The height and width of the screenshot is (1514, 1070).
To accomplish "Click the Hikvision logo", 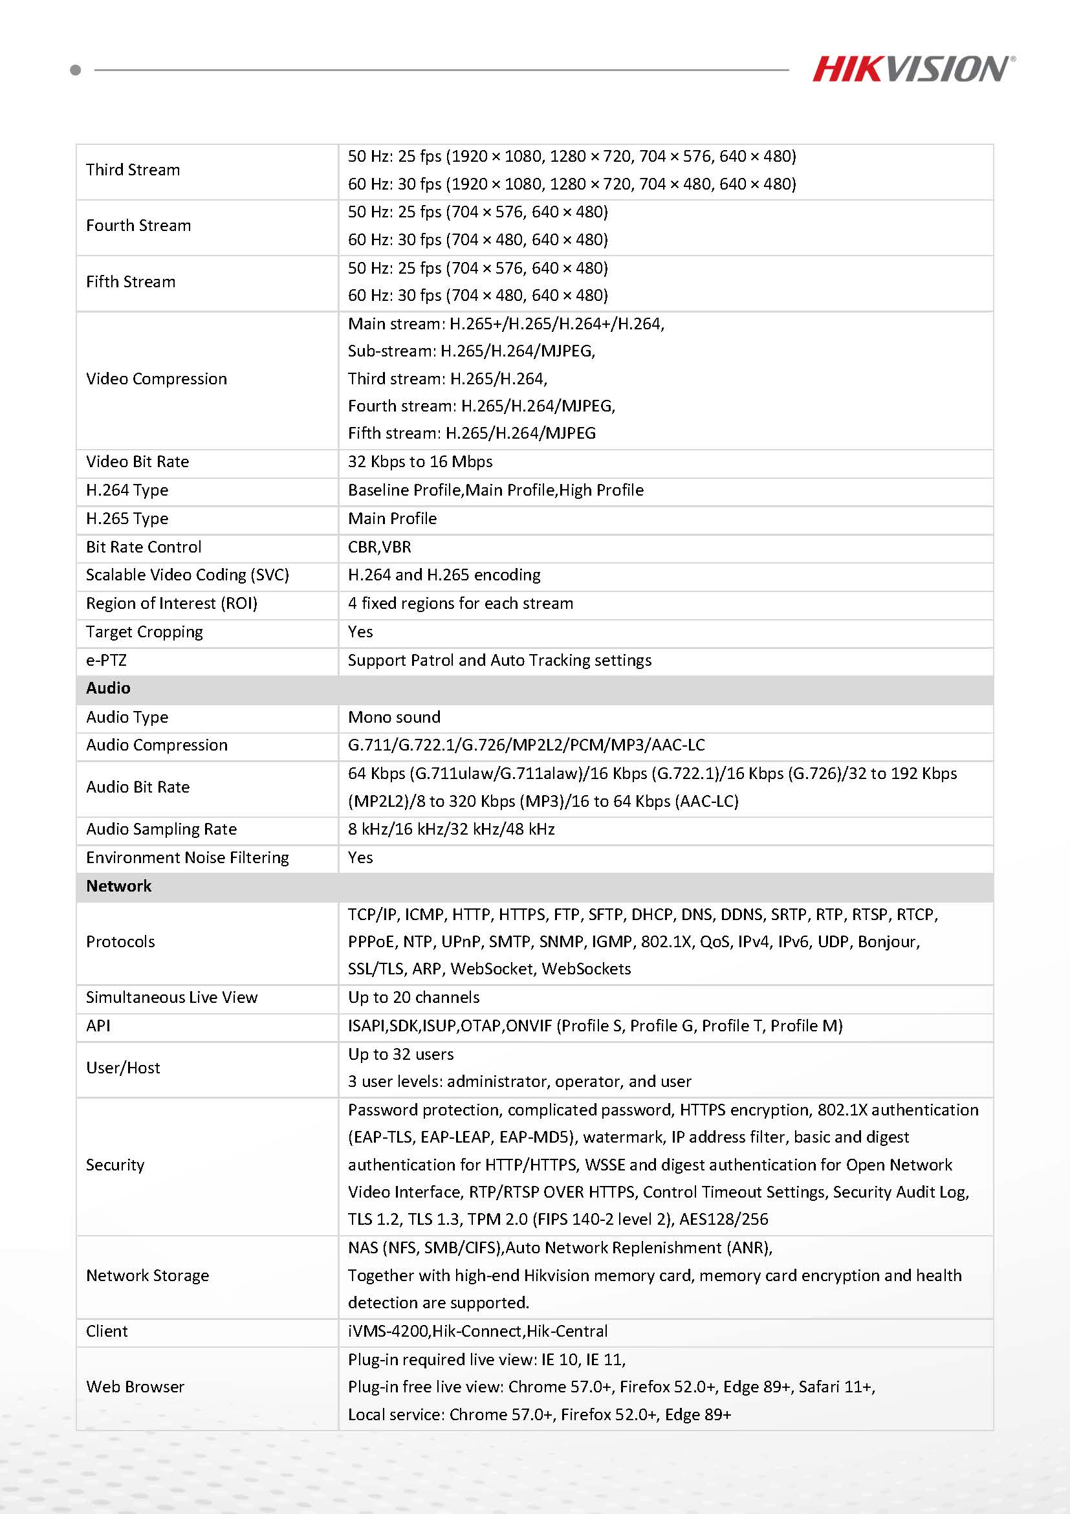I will (x=912, y=69).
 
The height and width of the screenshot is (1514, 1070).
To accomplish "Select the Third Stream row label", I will (x=133, y=170).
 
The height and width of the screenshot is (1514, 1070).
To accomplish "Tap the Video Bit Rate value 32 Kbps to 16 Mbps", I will (x=420, y=461).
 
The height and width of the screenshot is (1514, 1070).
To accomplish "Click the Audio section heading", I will (x=108, y=688).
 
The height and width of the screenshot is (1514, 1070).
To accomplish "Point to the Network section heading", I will (x=118, y=886).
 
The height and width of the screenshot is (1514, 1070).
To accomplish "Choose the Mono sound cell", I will (x=393, y=718).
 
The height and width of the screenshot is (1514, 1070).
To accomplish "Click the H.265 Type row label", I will (x=127, y=519).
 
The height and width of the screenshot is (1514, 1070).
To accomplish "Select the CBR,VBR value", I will (x=379, y=547).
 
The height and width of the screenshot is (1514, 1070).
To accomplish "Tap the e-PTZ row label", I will (x=106, y=661).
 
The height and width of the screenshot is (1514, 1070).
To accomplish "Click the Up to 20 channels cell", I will (x=413, y=998).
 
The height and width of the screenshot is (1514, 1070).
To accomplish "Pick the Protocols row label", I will (x=120, y=942).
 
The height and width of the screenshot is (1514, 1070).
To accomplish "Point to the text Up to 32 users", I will (x=400, y=1055).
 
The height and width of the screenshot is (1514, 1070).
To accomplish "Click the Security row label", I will (x=115, y=1165).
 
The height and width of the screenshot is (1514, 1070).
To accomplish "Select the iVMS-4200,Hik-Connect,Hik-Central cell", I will (x=477, y=1332).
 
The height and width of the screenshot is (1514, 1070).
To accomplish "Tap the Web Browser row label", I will (x=135, y=1387).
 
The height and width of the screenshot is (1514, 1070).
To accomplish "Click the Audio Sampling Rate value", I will (x=451, y=829).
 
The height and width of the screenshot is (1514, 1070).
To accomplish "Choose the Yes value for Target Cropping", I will (x=360, y=632).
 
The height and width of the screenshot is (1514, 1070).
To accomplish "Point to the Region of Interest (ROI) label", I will (x=171, y=604).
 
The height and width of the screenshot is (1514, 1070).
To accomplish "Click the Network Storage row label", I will (x=147, y=1276).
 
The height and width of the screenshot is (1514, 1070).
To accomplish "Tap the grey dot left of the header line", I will (x=76, y=70).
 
